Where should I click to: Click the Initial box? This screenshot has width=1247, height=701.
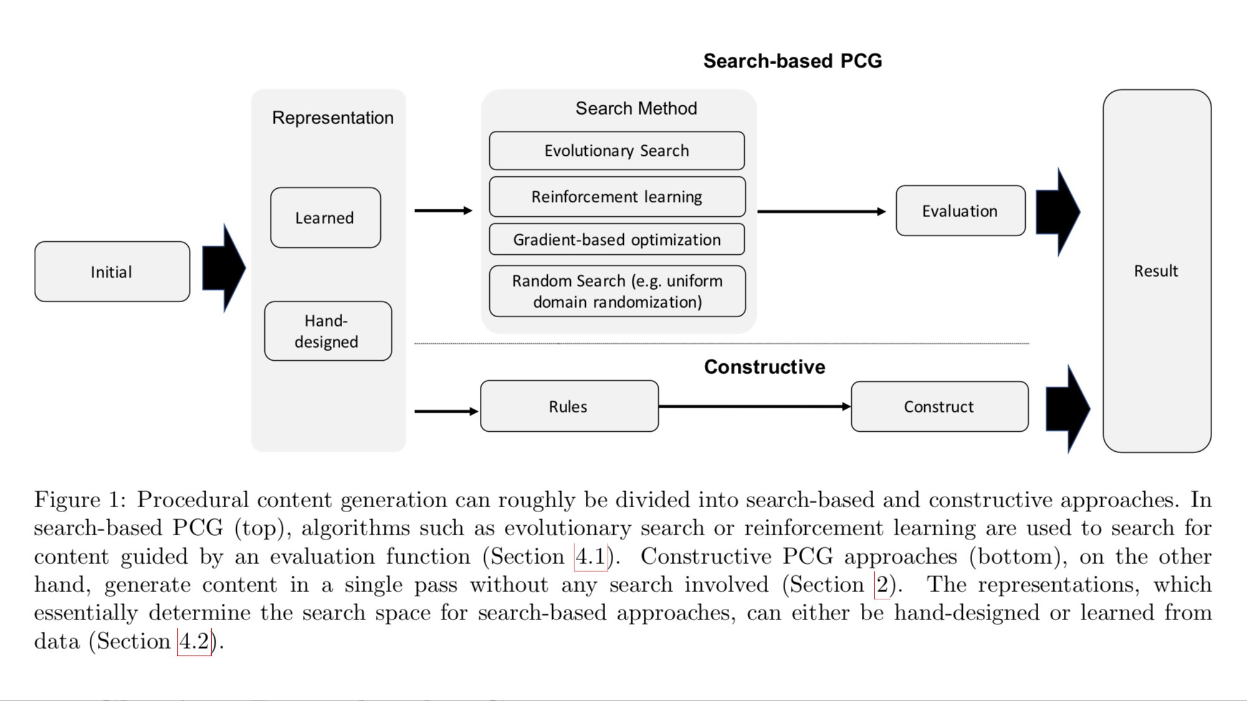pos(112,272)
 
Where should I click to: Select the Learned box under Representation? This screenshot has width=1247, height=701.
pos(325,218)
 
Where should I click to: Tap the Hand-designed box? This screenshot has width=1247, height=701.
pos(328,331)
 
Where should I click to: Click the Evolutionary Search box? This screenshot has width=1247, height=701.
pos(616,151)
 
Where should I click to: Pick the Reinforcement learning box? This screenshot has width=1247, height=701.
pos(616,197)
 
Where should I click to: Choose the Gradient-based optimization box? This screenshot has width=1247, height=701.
pos(616,240)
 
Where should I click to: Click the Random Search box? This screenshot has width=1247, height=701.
pos(616,291)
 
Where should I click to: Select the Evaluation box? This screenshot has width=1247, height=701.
pos(960,211)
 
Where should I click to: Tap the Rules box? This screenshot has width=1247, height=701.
pos(569,407)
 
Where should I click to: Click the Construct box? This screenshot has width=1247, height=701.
pos(939,407)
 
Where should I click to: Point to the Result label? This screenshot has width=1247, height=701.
pos(1156,271)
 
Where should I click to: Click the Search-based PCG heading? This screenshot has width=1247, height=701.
pos(793,61)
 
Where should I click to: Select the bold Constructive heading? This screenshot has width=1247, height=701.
pos(765,367)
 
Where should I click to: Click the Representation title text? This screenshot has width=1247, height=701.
pos(333,118)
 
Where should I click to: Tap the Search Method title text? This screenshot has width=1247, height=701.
pos(636,108)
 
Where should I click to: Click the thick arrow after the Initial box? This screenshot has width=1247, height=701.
pos(223,269)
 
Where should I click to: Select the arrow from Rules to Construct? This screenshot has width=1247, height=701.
pos(754,407)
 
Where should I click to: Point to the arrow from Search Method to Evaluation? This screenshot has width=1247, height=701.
pos(821,212)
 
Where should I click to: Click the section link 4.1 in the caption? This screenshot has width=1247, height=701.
pos(590,556)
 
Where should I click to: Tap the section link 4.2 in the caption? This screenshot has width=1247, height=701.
pos(194,641)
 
